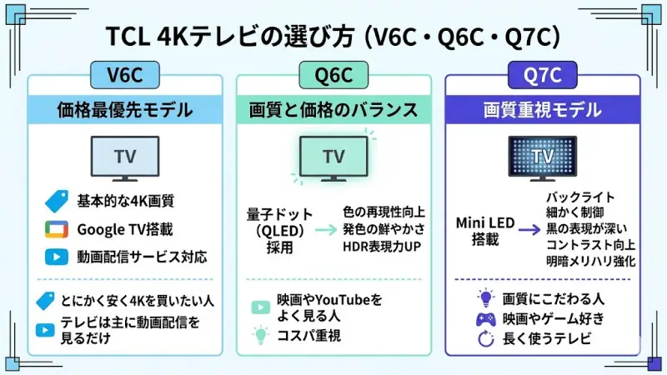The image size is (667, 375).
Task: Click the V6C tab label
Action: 124,76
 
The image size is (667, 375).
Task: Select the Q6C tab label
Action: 333,76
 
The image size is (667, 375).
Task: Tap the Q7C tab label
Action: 543,76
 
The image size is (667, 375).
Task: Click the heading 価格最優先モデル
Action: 124,109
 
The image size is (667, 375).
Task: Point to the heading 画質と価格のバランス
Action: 333,109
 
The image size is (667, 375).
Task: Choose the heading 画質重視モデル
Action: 543,109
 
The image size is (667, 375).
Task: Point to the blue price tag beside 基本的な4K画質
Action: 56,202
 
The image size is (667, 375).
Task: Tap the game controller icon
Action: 485,317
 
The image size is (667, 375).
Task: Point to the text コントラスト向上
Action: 591,244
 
